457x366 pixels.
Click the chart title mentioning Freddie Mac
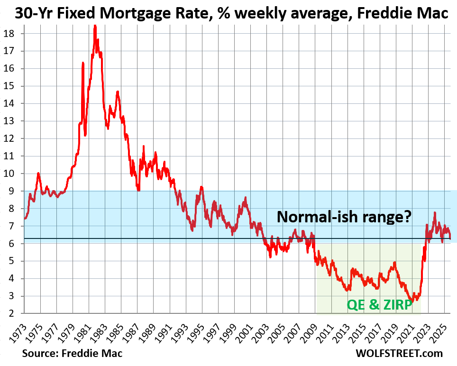pos(231,13)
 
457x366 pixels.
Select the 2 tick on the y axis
pos(11,313)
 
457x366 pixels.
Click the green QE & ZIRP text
pos(379,305)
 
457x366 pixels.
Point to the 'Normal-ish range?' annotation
pos(344,217)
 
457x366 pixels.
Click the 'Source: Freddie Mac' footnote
pos(72,353)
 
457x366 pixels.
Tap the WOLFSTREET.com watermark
pos(399,353)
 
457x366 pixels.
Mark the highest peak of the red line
pos(95,26)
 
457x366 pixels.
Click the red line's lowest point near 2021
pos(412,302)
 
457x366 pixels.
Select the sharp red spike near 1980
pos(83,63)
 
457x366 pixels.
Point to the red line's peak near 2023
pos(435,213)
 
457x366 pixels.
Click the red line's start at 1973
pos(25,218)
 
